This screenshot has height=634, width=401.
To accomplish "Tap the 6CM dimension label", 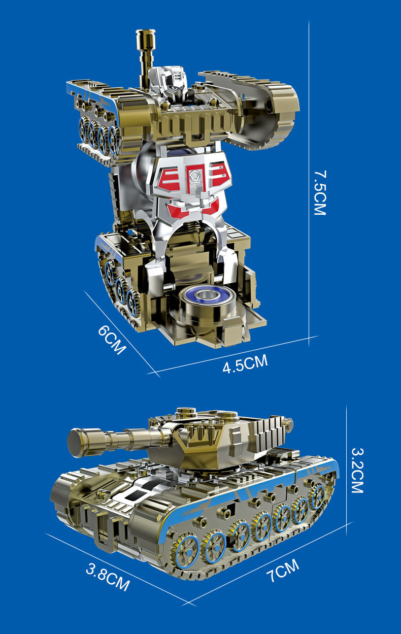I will pos(112,340).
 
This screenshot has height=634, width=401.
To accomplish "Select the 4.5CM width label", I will pos(245,363).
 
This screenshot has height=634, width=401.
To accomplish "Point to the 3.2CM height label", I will pos(357,471).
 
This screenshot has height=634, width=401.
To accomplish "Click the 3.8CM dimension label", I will pos(108,577).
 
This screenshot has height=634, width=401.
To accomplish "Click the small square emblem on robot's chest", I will pos(192,177).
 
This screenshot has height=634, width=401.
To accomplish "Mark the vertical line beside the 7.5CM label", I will pos(309,183).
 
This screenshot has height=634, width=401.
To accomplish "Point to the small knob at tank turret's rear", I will pos(288,422).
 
